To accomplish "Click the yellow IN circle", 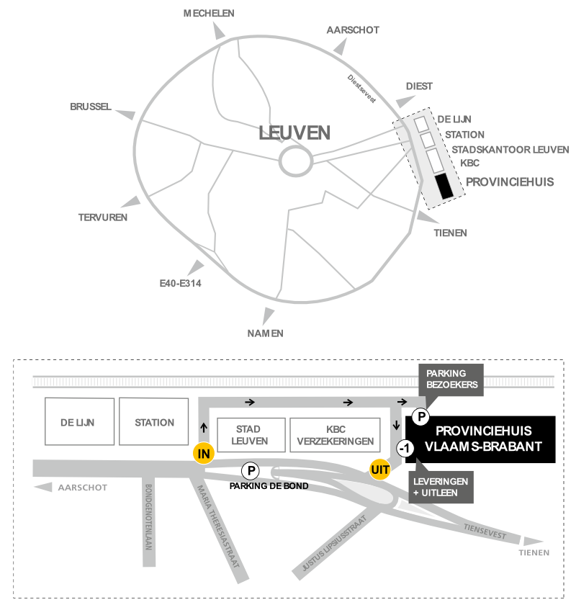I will click(x=204, y=454).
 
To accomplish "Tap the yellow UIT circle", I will click(x=379, y=470).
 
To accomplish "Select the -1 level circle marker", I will click(x=405, y=449).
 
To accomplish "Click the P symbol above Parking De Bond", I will click(x=251, y=470).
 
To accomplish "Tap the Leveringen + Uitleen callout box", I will click(x=441, y=486).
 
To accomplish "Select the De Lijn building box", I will click(x=78, y=423).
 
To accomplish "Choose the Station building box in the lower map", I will click(x=154, y=423).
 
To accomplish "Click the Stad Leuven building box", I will click(x=251, y=435).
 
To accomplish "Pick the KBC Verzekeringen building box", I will click(x=335, y=435).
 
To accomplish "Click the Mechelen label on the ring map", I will click(x=209, y=14).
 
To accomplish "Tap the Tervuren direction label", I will click(x=103, y=217).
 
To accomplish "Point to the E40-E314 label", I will click(x=180, y=284).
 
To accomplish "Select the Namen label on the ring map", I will click(x=265, y=333).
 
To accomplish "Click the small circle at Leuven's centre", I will click(x=294, y=161).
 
